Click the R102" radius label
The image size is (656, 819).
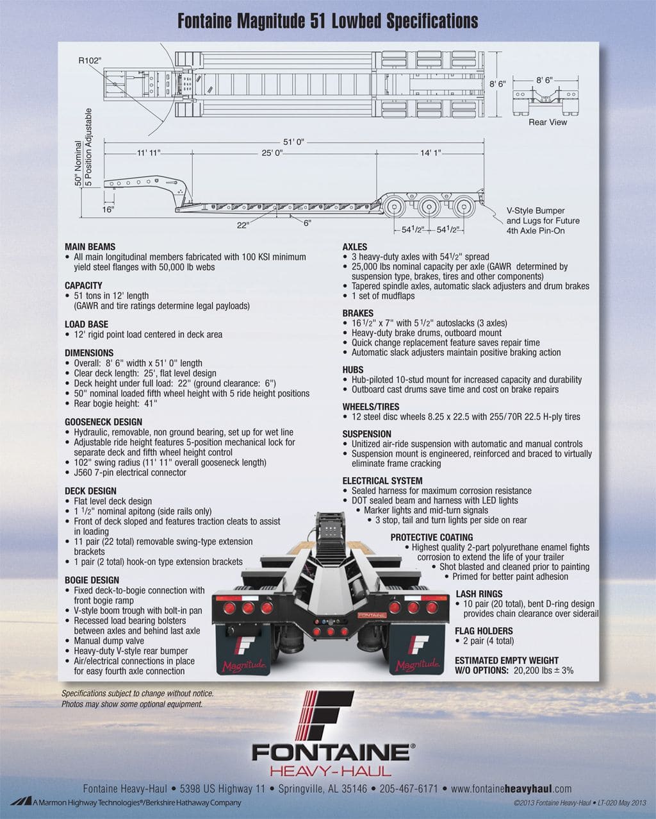90,60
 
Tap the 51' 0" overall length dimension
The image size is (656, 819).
293,142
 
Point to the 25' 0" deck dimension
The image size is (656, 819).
272,153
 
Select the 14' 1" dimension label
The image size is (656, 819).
430,153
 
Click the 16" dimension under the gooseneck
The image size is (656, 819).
108,209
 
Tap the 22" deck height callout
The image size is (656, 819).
243,225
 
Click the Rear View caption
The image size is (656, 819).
548,122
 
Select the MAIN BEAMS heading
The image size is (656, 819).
90,247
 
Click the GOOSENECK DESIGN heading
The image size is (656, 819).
103,422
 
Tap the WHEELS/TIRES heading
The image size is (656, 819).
371,407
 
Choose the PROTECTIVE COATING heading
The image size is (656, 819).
432,537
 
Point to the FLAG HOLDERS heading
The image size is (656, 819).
484,631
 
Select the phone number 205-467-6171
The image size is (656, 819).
409,789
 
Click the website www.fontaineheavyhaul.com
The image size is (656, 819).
511,789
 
